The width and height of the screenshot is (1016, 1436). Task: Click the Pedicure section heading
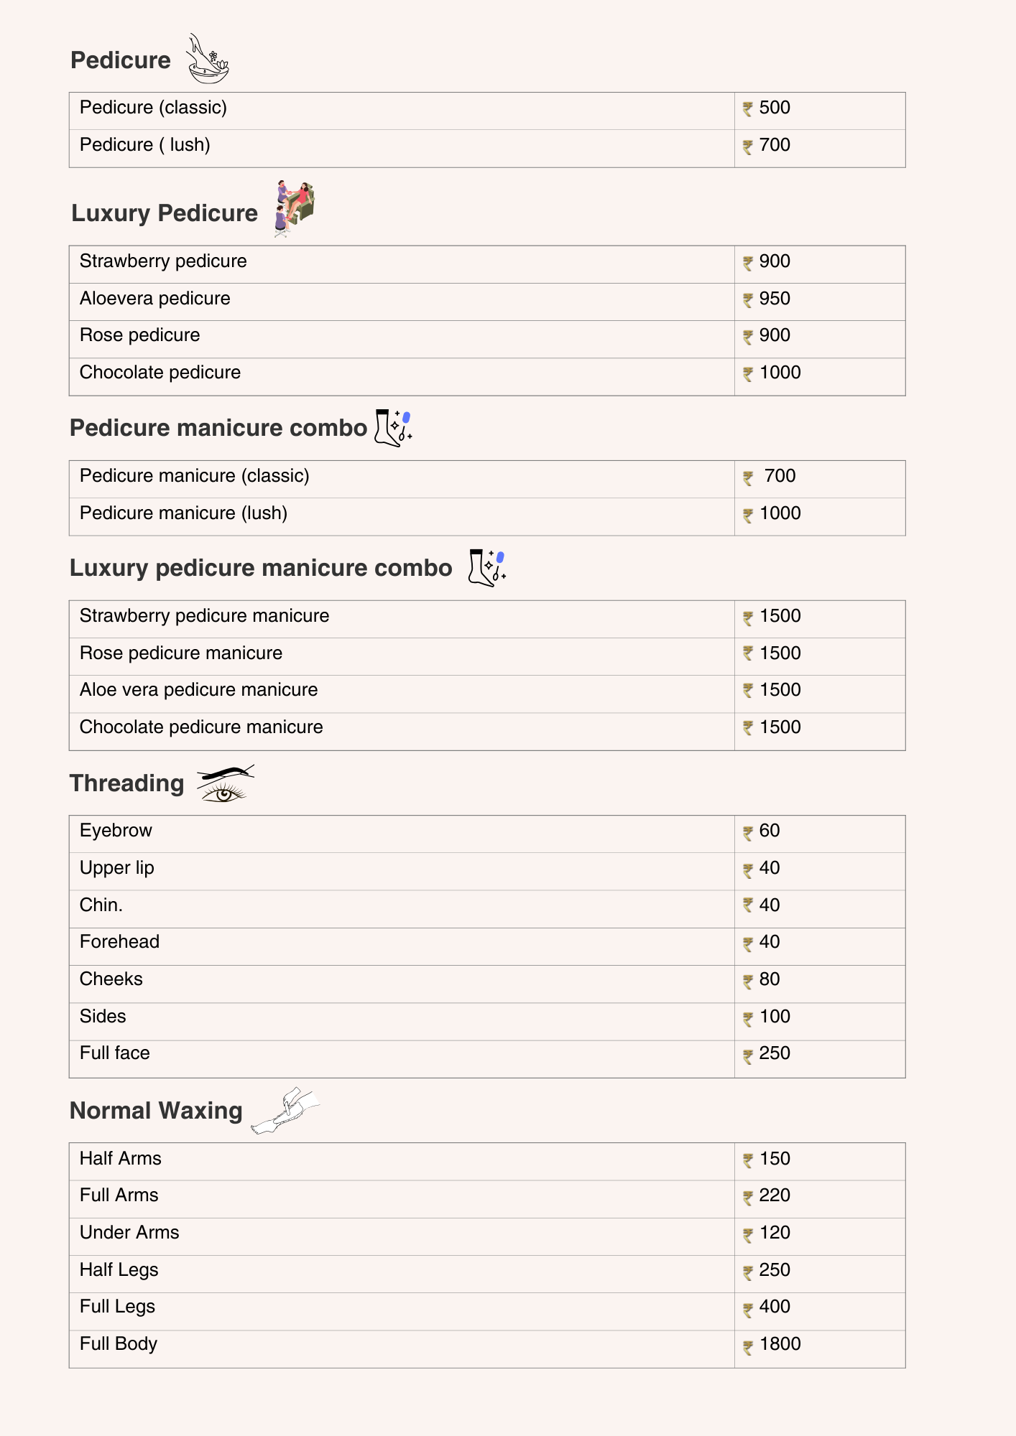click(121, 60)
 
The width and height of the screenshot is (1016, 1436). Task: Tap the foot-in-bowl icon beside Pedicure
click(207, 60)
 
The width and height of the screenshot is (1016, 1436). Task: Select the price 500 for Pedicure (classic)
click(774, 108)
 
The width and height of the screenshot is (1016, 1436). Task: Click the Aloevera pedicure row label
click(155, 299)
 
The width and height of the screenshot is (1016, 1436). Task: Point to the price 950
click(774, 299)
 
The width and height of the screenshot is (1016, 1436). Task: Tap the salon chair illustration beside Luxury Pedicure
click(294, 208)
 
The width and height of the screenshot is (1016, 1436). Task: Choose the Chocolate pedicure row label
click(160, 373)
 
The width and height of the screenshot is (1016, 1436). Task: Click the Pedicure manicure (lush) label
click(183, 513)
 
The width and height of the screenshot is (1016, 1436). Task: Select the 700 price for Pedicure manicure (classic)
click(780, 476)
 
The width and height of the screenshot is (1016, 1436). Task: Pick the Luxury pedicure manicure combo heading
click(261, 568)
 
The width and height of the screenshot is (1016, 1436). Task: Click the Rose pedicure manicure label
click(181, 653)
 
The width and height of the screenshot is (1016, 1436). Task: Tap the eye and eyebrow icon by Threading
click(225, 783)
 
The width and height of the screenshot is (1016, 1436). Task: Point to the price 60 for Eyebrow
click(769, 831)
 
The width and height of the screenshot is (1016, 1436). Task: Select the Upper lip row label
click(117, 868)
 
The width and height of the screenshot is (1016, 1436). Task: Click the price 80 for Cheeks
click(769, 979)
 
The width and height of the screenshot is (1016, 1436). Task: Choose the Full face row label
click(115, 1053)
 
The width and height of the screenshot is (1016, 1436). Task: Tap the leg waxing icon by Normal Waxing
click(285, 1110)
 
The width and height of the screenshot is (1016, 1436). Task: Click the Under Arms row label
click(129, 1233)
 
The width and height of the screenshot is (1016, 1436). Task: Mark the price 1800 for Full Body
click(780, 1344)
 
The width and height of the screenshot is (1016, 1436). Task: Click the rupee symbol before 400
click(748, 1309)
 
